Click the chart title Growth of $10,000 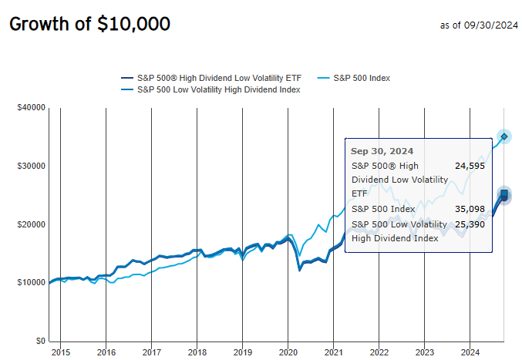tap(89, 25)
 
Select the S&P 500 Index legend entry tap(373, 78)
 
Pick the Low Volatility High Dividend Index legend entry tap(218, 89)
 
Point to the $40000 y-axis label tap(31, 107)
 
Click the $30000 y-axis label tap(31, 166)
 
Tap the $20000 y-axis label tap(31, 224)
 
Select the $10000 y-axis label tap(31, 283)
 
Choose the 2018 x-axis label tap(197, 352)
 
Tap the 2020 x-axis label tap(288, 352)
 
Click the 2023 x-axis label tap(424, 352)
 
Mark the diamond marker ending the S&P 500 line tap(504, 136)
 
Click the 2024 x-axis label tap(470, 352)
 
